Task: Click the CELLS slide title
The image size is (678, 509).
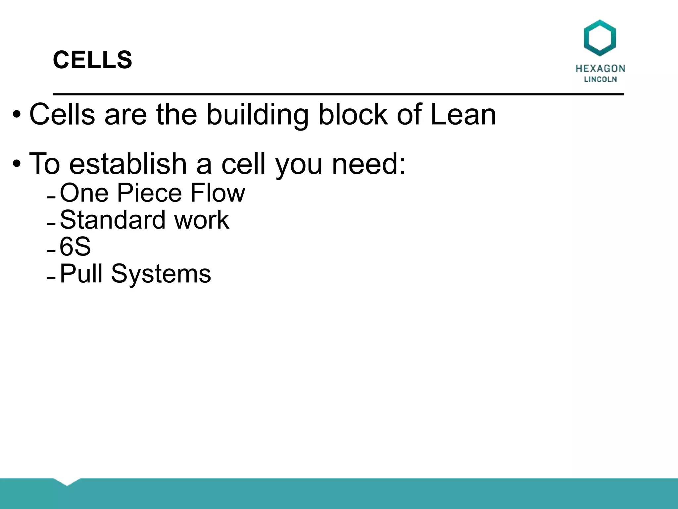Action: click(x=92, y=60)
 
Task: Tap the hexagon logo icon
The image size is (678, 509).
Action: click(x=600, y=37)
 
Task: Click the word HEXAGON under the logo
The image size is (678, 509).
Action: click(x=600, y=69)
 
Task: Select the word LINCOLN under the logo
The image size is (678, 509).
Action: click(x=600, y=80)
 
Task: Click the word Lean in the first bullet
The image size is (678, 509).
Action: click(x=463, y=115)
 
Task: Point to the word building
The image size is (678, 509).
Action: click(x=258, y=115)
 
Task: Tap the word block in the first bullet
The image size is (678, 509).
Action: click(x=353, y=115)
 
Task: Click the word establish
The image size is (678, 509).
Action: click(x=128, y=163)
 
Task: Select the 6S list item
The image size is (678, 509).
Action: click(x=75, y=247)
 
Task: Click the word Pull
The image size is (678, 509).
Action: click(x=81, y=274)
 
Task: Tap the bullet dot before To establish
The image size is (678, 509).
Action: click(x=17, y=164)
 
